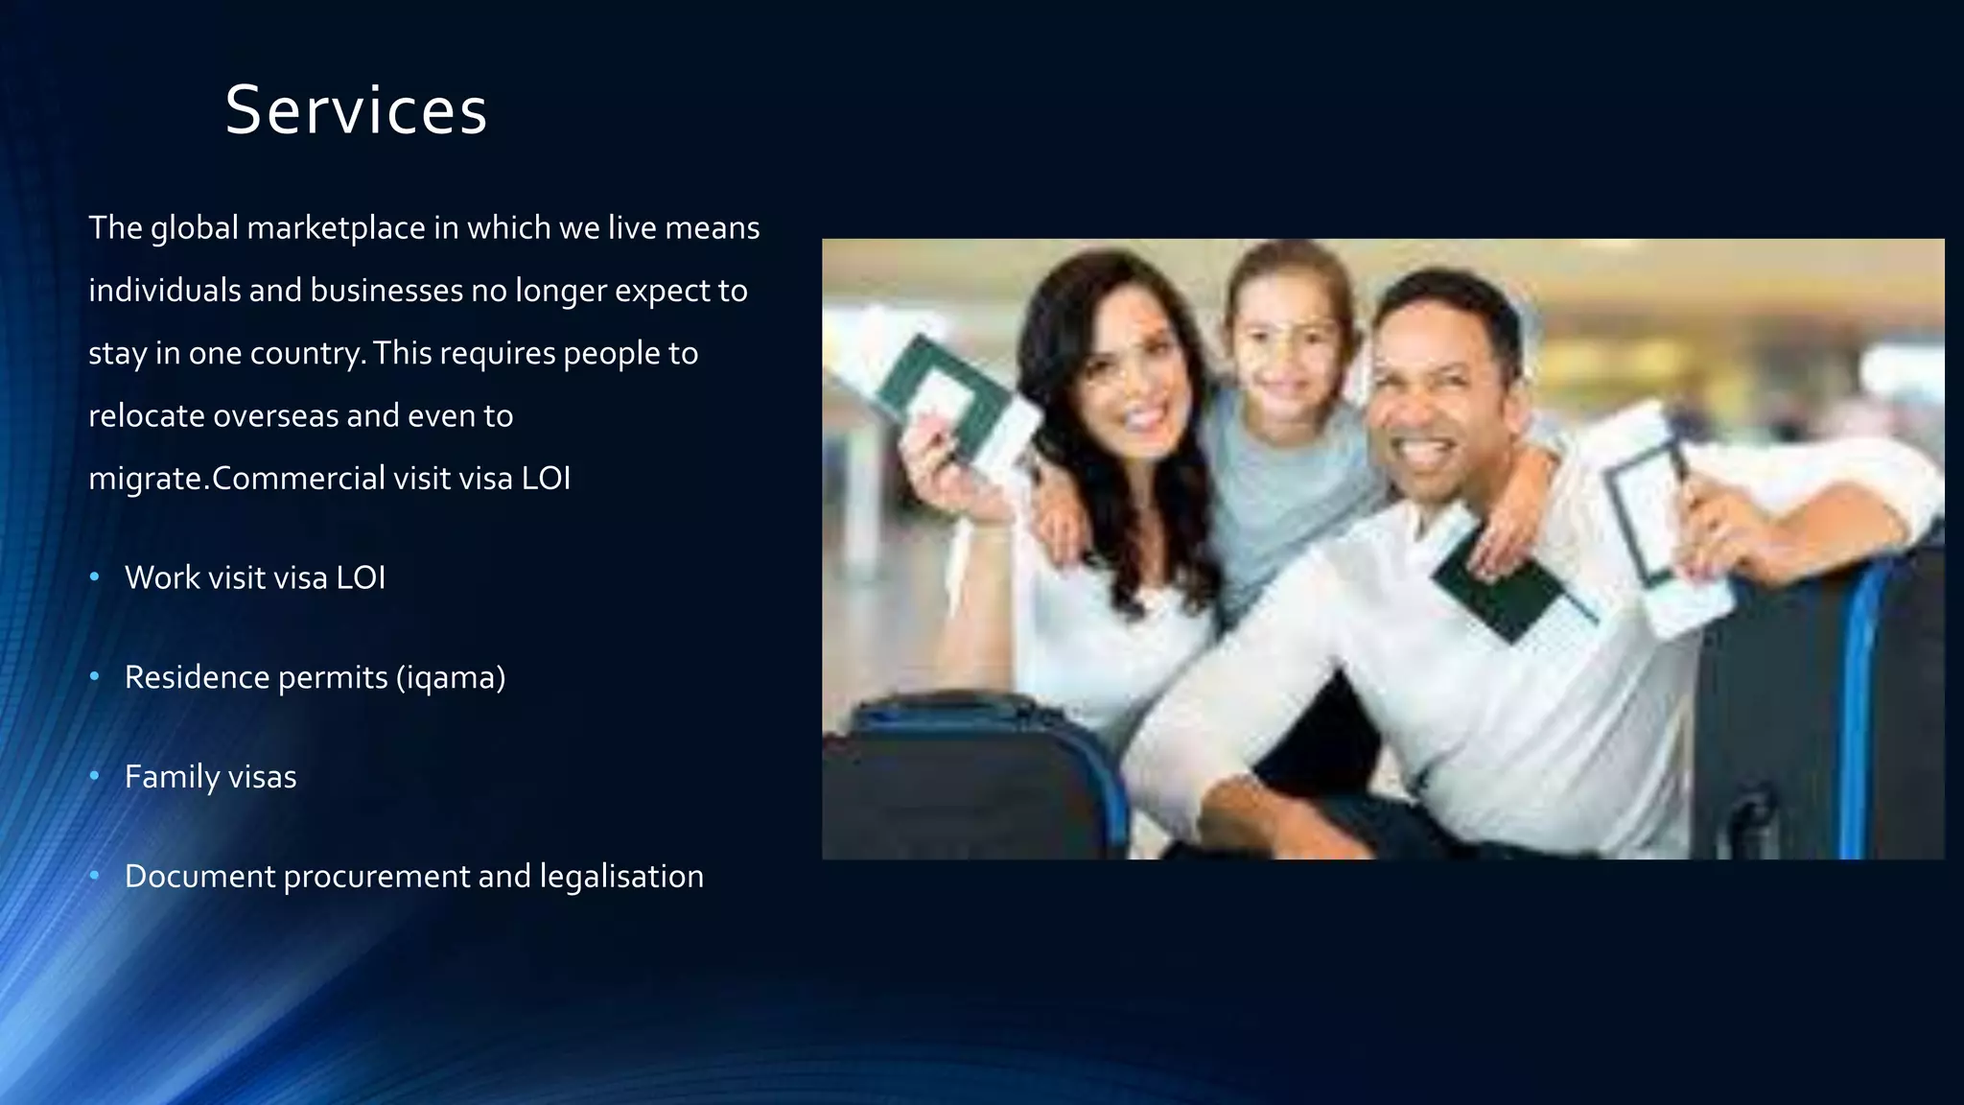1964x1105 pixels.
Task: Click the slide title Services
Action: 356,110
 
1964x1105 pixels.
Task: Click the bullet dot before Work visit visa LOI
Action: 94,577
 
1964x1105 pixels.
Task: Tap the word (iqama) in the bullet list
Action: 451,678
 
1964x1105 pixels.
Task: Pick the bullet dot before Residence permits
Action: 94,677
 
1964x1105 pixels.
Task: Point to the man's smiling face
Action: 1438,403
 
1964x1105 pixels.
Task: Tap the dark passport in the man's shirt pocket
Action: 1501,590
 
